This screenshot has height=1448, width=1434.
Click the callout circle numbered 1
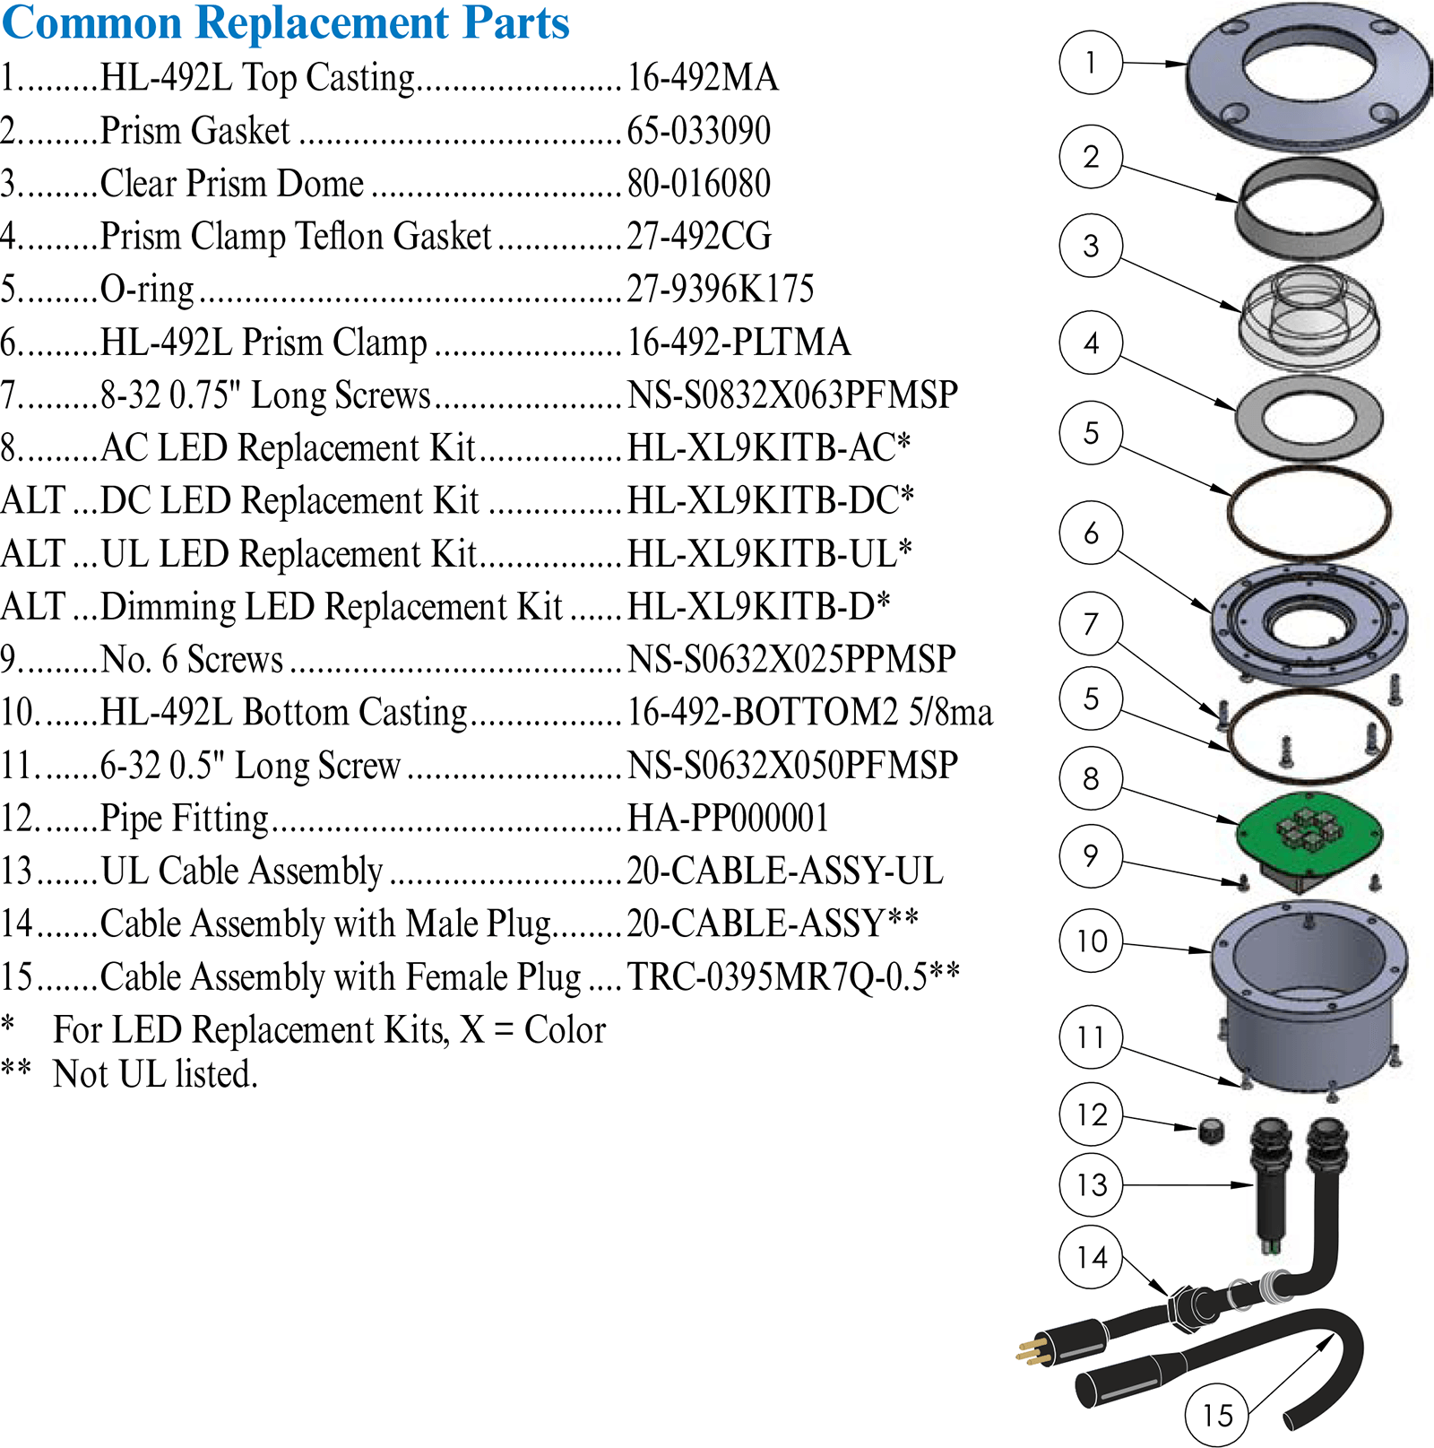click(x=1091, y=63)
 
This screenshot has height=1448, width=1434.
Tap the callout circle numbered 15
click(x=1217, y=1415)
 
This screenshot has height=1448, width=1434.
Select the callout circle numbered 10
click(x=1091, y=941)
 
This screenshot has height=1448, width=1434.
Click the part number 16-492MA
click(x=703, y=77)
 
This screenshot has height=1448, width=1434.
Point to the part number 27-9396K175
click(x=721, y=289)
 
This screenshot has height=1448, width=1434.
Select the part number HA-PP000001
click(x=728, y=818)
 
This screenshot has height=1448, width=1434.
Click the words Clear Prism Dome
click(x=232, y=183)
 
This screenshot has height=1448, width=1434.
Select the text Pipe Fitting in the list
click(x=185, y=819)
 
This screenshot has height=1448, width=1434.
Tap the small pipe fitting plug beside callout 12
click(x=1211, y=1130)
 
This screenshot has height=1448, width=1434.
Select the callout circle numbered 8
click(x=1091, y=778)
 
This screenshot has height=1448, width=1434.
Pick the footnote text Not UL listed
click(x=155, y=1074)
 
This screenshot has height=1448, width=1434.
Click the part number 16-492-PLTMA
click(x=739, y=342)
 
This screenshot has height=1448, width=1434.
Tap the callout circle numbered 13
click(x=1091, y=1184)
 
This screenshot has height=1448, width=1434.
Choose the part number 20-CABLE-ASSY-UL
click(x=785, y=871)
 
